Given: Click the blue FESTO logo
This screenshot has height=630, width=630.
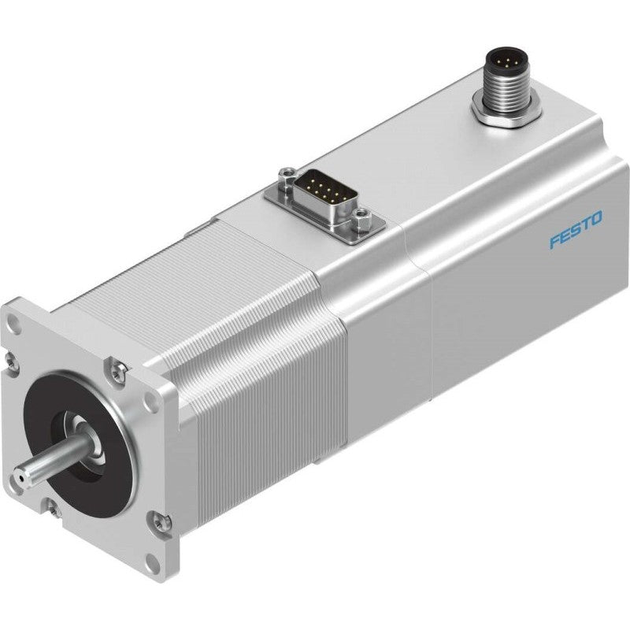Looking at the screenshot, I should [575, 230].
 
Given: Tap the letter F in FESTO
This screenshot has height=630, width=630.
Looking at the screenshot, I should [554, 241].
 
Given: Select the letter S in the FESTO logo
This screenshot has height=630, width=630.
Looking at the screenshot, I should [575, 230].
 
